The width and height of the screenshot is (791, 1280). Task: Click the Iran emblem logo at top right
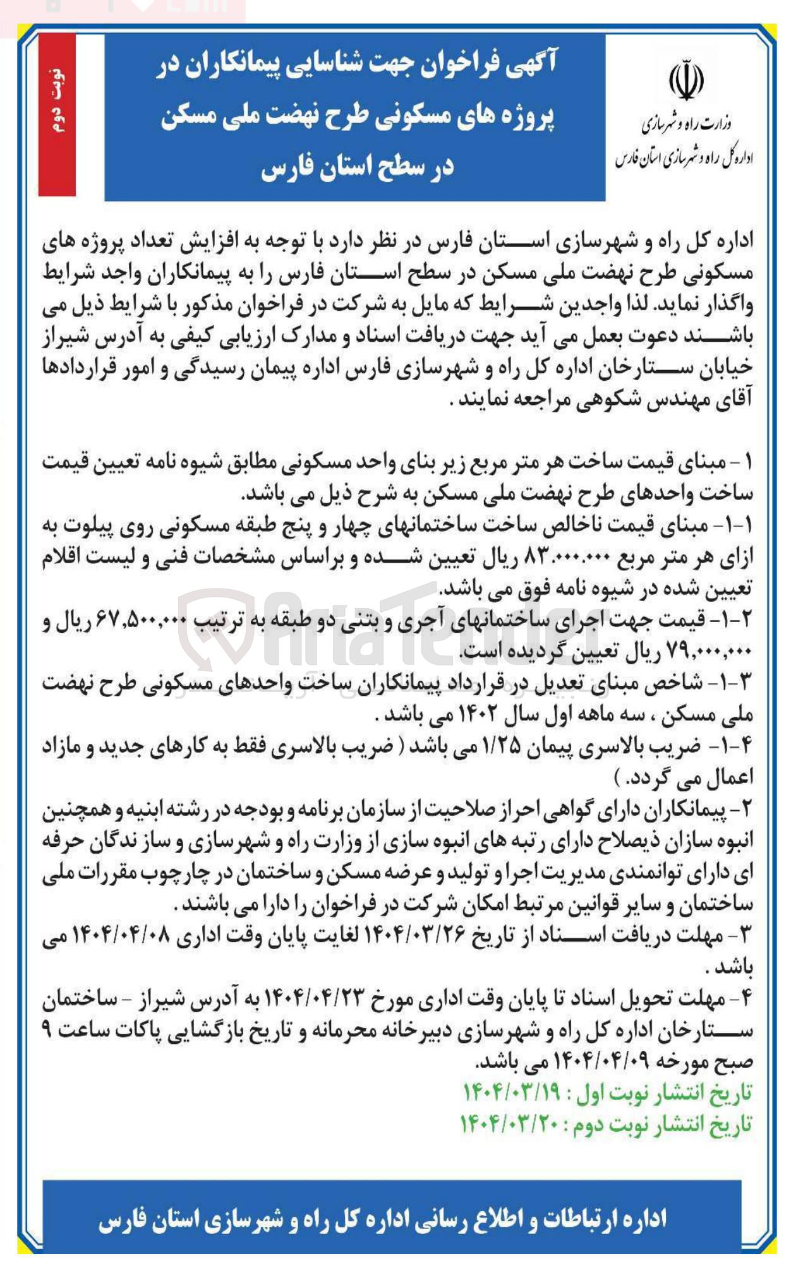[x=685, y=80]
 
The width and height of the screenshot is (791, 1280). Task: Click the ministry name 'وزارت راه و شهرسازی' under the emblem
[x=687, y=124]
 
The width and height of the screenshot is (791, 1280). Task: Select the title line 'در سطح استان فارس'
[x=358, y=168]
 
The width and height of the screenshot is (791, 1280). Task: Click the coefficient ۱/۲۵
[x=503, y=747]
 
